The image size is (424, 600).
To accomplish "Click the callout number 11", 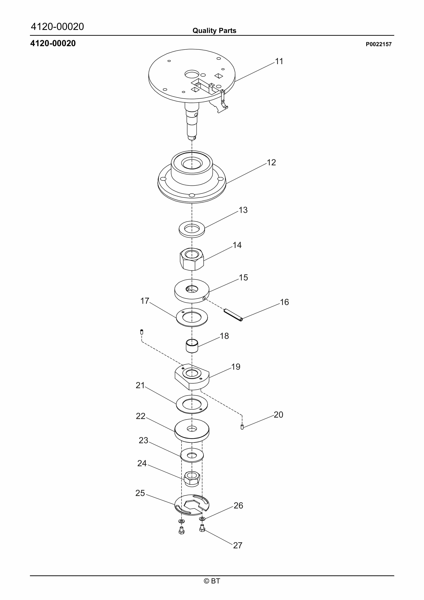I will click(x=279, y=61).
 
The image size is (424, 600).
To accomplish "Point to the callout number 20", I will click(x=278, y=415).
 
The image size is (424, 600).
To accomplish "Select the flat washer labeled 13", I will click(x=192, y=229).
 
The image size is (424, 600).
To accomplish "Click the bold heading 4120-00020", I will click(x=53, y=43).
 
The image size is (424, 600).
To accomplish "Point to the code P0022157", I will click(x=379, y=44).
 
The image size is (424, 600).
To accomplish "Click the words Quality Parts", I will click(x=214, y=31).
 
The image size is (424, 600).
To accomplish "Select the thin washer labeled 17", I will click(x=192, y=317).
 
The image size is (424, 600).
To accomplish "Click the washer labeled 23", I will click(x=192, y=456).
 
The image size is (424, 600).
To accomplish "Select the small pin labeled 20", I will click(x=242, y=427).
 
